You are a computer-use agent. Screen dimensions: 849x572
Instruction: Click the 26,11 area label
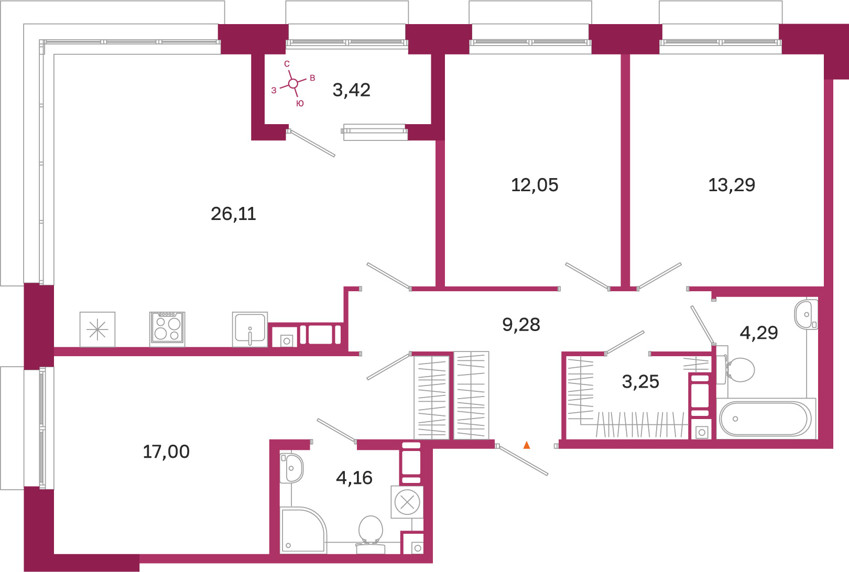click(234, 214)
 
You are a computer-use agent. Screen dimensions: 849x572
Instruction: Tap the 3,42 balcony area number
click(351, 90)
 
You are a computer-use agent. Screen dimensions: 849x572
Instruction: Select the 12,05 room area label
click(535, 185)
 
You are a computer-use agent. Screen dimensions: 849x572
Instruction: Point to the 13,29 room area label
click(732, 185)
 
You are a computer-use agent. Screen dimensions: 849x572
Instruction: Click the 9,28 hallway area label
click(521, 325)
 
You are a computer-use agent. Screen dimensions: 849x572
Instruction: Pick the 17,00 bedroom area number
click(166, 452)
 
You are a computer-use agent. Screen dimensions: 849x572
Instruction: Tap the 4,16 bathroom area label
click(354, 478)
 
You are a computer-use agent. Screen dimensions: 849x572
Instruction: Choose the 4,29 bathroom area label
click(759, 333)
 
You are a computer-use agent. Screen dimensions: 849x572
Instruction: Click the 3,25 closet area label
click(640, 381)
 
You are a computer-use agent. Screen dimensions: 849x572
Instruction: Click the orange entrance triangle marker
click(527, 445)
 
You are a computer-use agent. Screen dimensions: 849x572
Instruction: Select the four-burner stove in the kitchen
click(167, 329)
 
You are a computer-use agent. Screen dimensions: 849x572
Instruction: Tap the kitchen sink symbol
click(250, 329)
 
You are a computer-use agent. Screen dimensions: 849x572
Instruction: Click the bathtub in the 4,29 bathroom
click(766, 419)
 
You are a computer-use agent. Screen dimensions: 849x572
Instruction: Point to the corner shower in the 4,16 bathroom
click(302, 530)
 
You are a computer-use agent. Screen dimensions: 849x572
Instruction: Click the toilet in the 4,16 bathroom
click(371, 535)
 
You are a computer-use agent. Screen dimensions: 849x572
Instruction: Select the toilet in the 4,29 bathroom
click(739, 369)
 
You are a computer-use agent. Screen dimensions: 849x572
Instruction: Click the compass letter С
click(287, 64)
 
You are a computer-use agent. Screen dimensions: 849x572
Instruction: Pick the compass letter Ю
click(300, 103)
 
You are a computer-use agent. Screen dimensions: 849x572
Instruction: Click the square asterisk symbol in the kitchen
click(97, 329)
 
